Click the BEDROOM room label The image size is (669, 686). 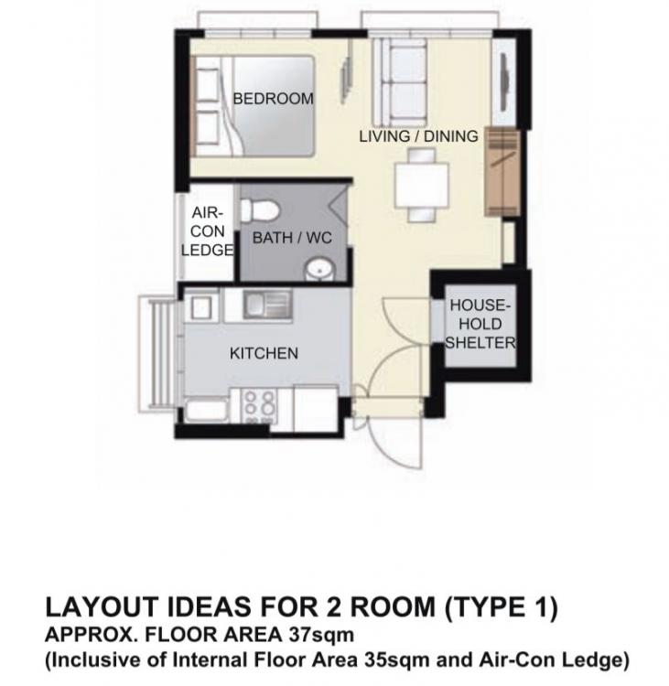tap(274, 99)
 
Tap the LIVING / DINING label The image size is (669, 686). tap(418, 136)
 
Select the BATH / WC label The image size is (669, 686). tap(292, 238)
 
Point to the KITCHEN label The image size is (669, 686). tap(264, 353)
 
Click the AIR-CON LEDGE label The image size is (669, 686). tap(207, 231)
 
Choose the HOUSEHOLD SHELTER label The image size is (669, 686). tap(480, 324)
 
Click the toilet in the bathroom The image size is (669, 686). tap(259, 210)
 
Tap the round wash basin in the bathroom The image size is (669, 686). tap(318, 269)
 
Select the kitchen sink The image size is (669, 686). tap(267, 304)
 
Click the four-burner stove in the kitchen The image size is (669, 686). tap(260, 407)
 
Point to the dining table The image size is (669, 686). tap(422, 185)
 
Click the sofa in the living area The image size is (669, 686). tap(399, 82)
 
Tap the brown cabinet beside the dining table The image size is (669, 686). tap(502, 172)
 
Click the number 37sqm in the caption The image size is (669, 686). tap(321, 634)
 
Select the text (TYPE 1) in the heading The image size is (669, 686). tap(502, 607)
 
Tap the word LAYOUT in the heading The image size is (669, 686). tap(102, 607)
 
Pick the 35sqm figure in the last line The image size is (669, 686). tap(397, 659)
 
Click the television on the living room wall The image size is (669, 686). tap(503, 82)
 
